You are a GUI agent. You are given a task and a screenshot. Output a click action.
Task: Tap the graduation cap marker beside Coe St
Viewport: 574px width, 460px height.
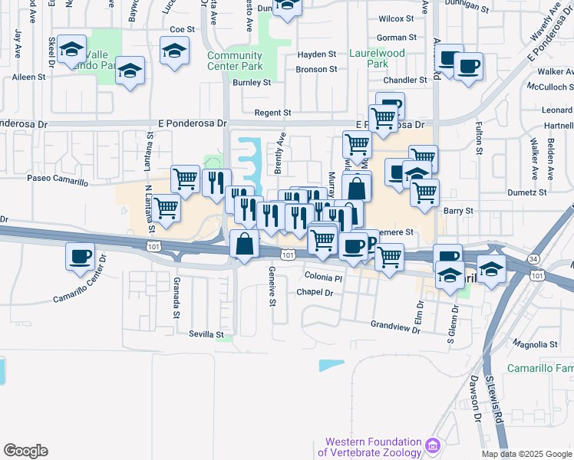[x=175, y=51]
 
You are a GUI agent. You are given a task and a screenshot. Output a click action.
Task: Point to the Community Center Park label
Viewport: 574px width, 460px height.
[x=235, y=61]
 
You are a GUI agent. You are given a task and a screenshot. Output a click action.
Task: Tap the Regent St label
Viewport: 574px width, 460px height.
[x=277, y=113]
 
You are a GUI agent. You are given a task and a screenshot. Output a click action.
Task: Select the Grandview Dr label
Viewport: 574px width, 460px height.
[x=396, y=325]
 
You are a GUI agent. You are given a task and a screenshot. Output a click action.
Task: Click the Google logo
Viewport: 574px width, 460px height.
[x=25, y=450]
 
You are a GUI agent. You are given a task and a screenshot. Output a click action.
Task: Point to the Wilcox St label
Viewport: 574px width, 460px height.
[x=396, y=18]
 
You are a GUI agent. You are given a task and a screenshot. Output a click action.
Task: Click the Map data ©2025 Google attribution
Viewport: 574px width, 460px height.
[x=526, y=454]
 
